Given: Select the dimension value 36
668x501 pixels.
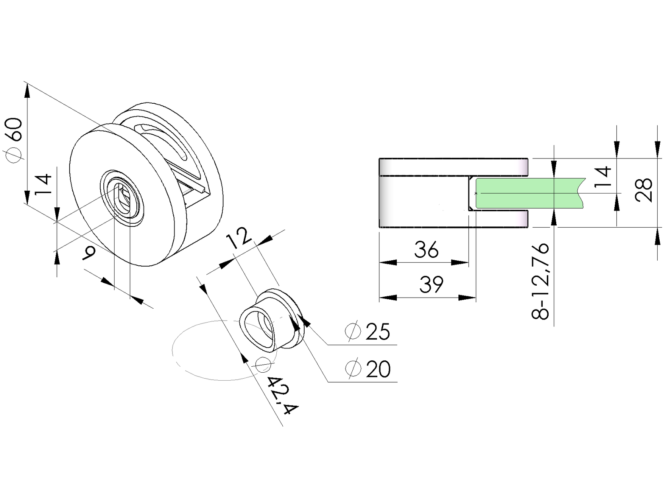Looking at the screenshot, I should (x=426, y=250).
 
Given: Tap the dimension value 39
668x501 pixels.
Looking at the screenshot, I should (x=431, y=284).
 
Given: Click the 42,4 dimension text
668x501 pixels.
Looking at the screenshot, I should (x=282, y=395).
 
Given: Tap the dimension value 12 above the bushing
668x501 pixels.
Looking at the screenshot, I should (x=240, y=238).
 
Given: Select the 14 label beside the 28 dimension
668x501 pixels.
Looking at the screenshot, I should (x=603, y=177).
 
